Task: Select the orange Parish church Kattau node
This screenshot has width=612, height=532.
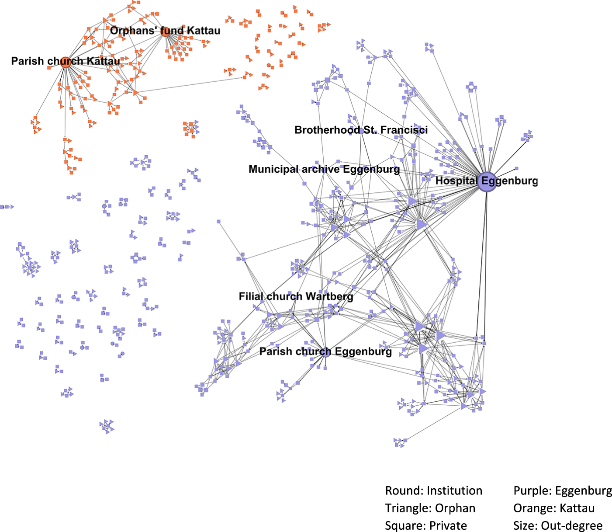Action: [65, 62]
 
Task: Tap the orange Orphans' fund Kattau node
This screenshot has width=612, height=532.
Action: [166, 31]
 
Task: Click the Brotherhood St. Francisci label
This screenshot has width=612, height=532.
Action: [361, 130]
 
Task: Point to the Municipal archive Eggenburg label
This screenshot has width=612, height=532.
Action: [324, 169]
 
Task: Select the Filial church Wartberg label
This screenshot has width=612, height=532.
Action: [296, 296]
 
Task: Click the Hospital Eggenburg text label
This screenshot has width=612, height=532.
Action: [486, 181]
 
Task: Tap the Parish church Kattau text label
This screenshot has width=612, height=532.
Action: [65, 61]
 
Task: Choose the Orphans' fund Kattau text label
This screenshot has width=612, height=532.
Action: [165, 31]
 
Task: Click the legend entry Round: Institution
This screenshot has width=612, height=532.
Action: [433, 490]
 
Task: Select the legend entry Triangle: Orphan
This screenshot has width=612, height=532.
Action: [430, 508]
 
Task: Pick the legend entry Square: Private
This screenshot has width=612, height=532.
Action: [425, 525]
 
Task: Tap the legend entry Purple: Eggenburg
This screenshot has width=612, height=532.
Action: [563, 490]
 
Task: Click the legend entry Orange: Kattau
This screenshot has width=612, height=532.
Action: [554, 508]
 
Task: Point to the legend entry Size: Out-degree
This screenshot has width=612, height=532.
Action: [558, 525]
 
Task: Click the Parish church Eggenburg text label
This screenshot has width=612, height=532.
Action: [325, 351]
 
